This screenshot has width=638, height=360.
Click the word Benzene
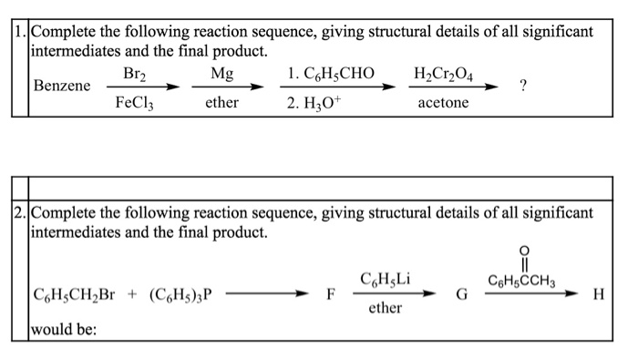[x=62, y=86]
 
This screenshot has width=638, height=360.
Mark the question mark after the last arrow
[x=522, y=87]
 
